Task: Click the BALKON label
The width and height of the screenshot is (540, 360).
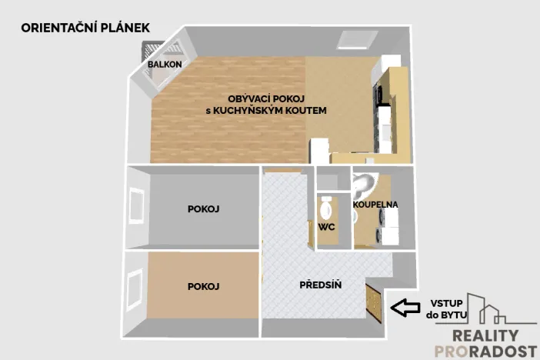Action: [x=165, y=65]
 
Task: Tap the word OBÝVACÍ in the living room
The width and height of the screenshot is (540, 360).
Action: [x=250, y=98]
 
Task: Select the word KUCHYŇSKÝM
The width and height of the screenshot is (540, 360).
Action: [x=257, y=111]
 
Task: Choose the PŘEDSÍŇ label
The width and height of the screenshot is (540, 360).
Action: [x=320, y=285]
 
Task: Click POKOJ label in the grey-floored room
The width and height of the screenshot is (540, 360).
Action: [x=204, y=208]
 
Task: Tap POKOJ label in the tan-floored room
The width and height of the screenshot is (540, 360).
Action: [x=204, y=286]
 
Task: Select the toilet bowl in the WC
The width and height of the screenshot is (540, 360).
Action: [x=325, y=207]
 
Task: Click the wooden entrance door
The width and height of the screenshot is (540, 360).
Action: [x=375, y=303]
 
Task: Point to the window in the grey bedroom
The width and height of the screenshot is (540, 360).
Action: [x=137, y=206]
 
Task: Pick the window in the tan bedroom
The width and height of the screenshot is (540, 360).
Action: [x=137, y=286]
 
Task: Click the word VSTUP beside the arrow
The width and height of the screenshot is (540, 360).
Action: [x=442, y=302]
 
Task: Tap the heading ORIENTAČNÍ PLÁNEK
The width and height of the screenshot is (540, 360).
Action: [x=85, y=28]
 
